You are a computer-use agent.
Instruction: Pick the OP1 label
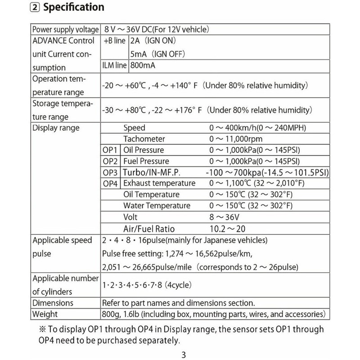coord(110,150)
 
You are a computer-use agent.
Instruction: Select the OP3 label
coord(110,172)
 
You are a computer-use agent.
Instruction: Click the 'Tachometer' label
coord(144,139)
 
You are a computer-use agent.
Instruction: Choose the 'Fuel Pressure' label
coord(146,161)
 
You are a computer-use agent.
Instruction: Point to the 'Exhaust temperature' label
coord(159,183)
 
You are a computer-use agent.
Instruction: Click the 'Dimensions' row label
coord(53,303)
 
